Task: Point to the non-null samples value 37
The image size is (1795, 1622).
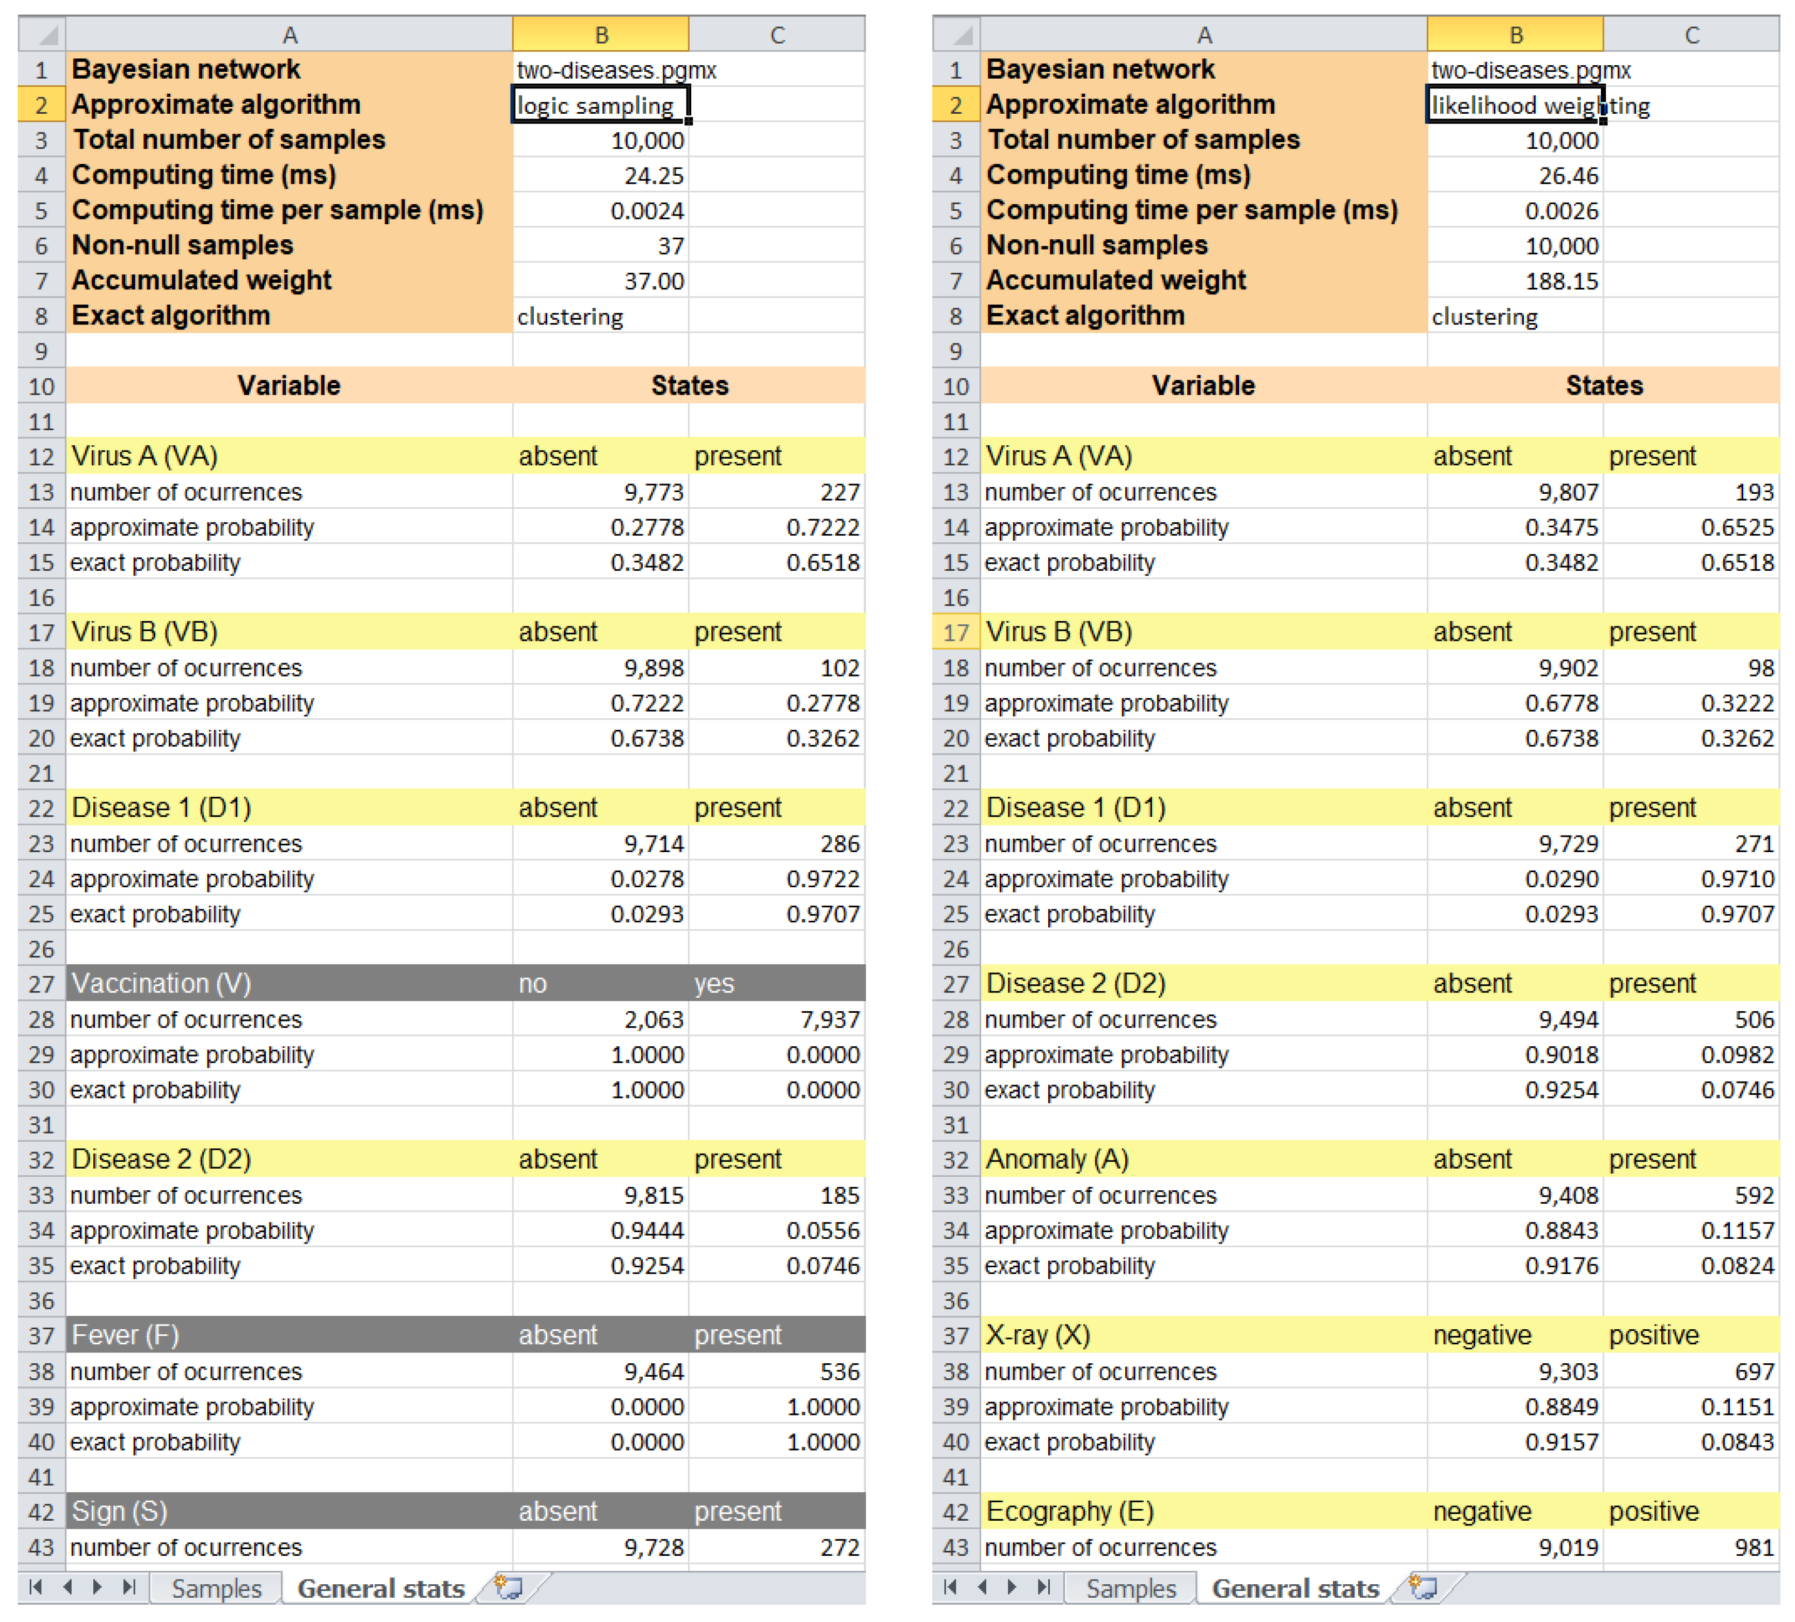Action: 670,246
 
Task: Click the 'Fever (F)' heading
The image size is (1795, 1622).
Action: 126,1335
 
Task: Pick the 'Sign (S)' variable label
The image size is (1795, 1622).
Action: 119,1511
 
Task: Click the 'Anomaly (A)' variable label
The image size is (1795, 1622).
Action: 1057,1159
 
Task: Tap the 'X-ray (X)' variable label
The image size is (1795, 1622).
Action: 1037,1335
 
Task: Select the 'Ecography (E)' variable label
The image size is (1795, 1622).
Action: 1069,1511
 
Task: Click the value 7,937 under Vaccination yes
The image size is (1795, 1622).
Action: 830,1019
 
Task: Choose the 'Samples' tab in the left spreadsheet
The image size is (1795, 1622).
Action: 216,1588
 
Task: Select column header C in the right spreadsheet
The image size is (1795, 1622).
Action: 1691,34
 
